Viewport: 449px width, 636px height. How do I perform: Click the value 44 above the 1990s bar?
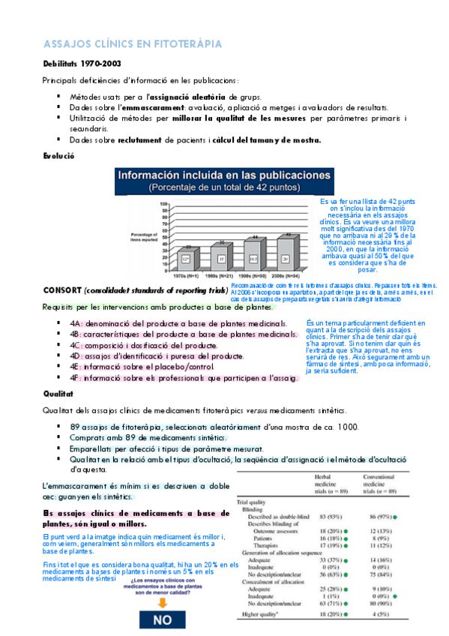(x=255, y=237)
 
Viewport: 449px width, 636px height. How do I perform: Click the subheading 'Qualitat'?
(x=59, y=392)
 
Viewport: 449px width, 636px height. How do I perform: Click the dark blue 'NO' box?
(x=161, y=620)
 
